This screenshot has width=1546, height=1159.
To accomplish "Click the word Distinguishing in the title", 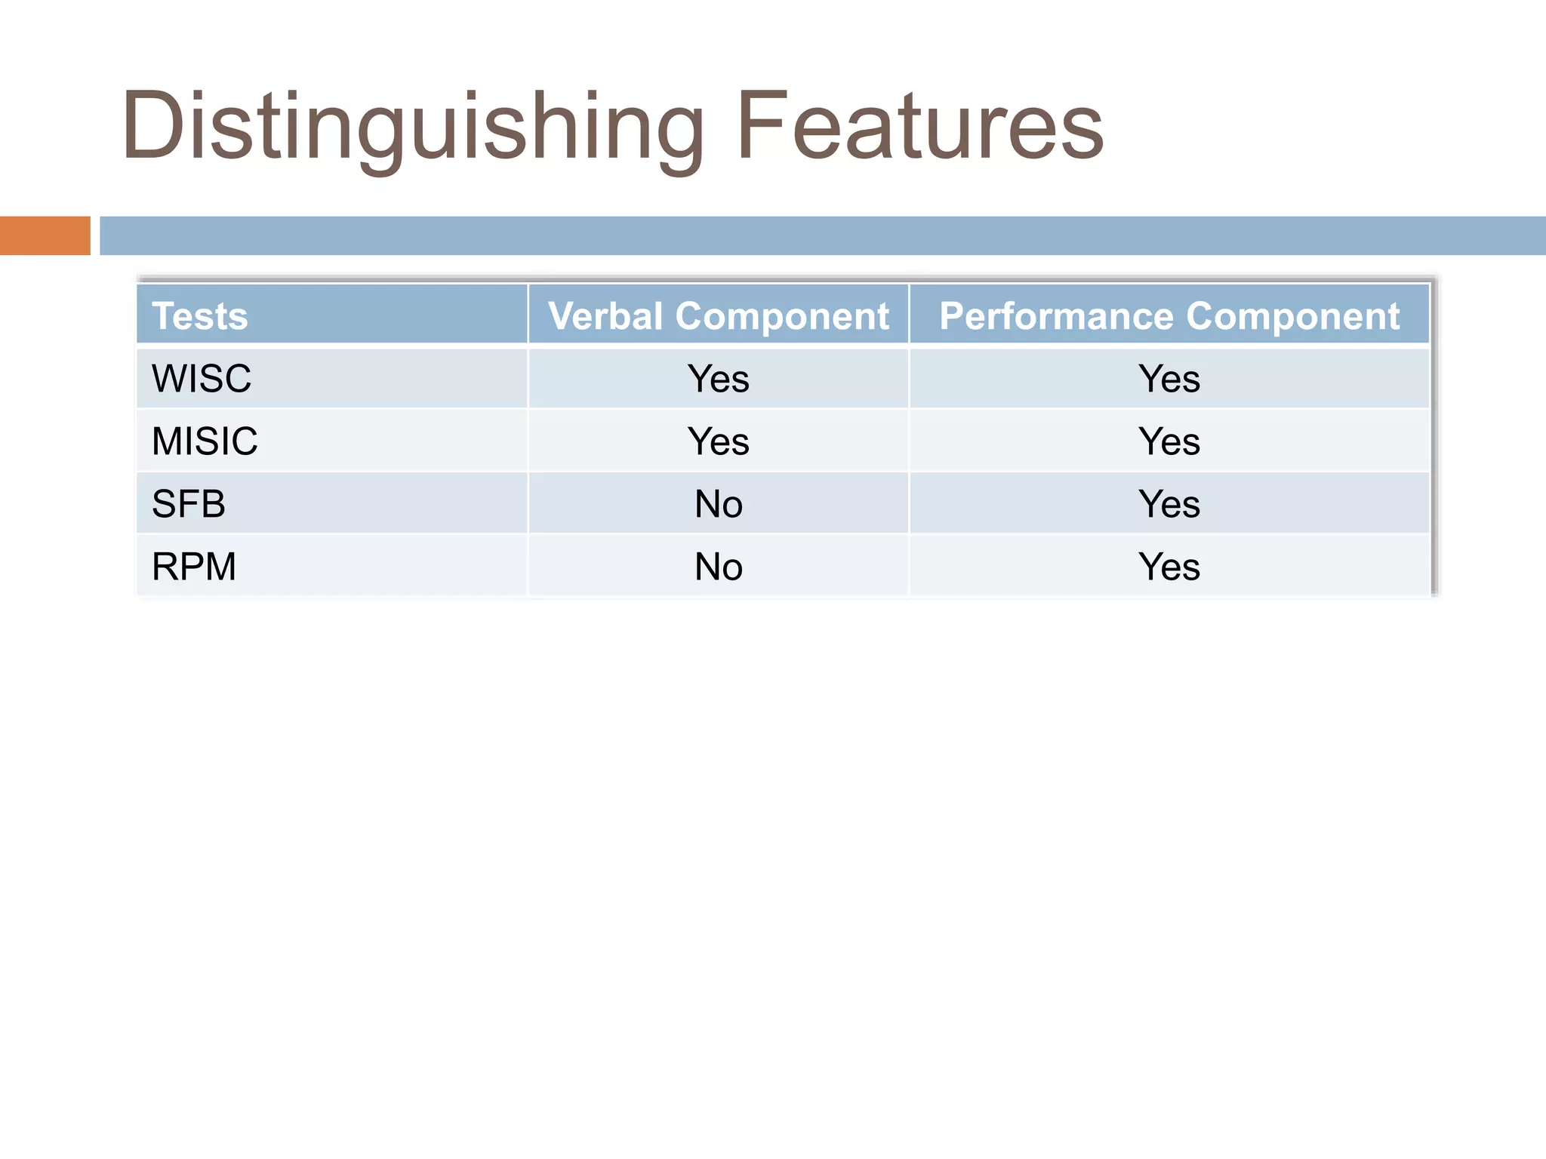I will click(411, 126).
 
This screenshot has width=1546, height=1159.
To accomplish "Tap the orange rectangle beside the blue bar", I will click(45, 235).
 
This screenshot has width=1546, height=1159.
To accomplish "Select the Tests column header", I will click(200, 315).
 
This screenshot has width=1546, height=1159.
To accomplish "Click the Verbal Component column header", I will click(718, 315).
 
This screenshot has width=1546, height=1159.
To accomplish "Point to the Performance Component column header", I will click(1169, 315).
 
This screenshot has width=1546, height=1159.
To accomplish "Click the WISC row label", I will click(202, 378).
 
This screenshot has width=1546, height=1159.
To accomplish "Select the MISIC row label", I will click(205, 441).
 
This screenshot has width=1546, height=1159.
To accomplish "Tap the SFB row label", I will click(189, 503).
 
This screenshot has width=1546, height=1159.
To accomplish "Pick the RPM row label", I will click(194, 566).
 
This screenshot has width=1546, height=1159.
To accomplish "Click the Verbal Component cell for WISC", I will click(718, 378).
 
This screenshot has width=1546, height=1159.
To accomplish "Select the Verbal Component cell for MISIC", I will click(718, 441).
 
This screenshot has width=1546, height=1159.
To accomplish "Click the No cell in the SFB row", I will click(718, 503).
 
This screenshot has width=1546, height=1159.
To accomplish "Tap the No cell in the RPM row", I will click(718, 566).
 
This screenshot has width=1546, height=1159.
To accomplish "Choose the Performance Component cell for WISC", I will click(1169, 378).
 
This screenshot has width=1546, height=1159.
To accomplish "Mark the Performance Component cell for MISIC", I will click(1169, 441).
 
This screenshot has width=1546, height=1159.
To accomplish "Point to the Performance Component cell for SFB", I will click(1169, 503).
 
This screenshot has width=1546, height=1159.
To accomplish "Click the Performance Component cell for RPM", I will click(1169, 566).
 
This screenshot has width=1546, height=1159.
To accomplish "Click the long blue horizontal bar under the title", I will click(823, 235).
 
